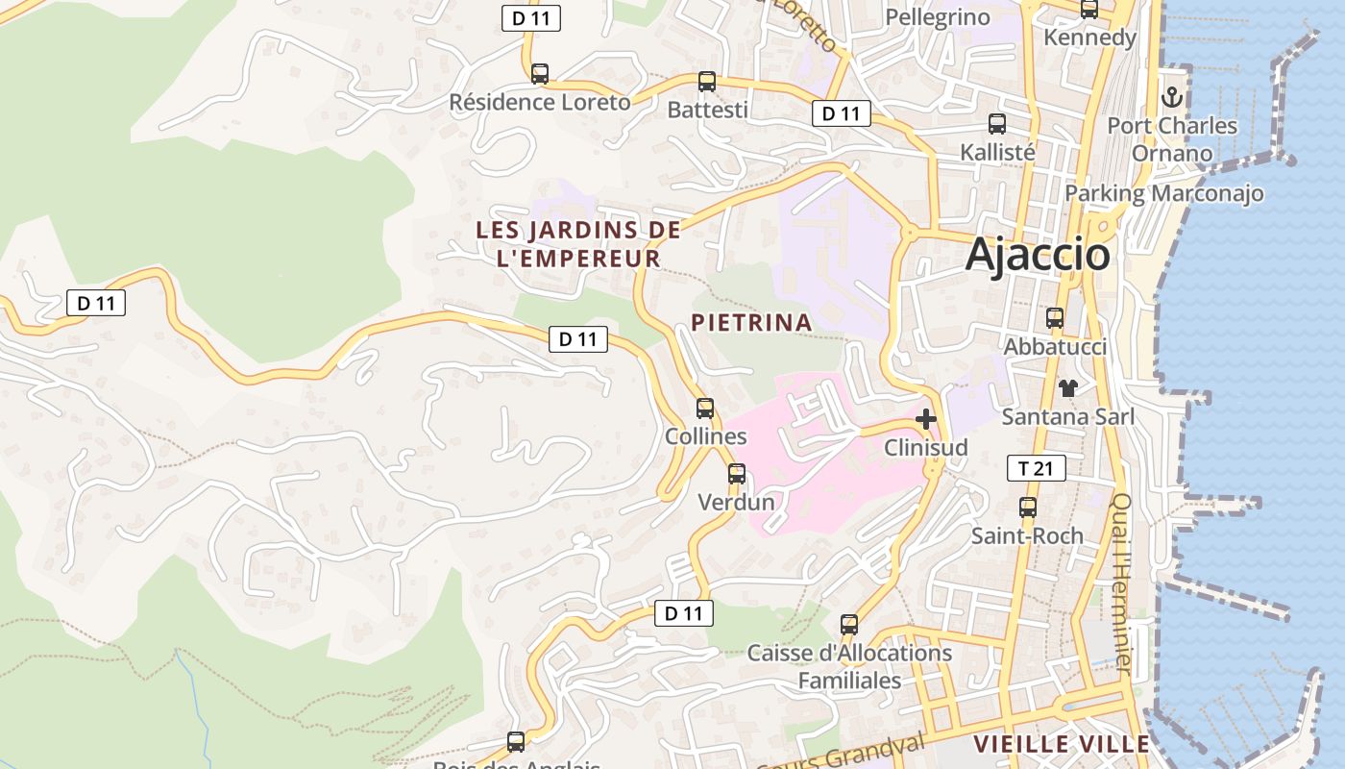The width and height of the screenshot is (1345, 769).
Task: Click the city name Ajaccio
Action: click(1038, 255)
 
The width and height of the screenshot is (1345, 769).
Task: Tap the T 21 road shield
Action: click(1036, 468)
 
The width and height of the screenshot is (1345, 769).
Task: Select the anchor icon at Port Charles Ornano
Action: click(1171, 97)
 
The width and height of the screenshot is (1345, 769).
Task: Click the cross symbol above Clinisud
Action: click(926, 419)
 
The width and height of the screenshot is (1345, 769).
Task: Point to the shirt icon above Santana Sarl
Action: click(1067, 388)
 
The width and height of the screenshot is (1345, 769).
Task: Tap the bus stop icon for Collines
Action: click(705, 409)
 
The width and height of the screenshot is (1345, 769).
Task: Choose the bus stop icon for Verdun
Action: click(737, 474)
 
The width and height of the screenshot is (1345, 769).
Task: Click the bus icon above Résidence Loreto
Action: click(540, 74)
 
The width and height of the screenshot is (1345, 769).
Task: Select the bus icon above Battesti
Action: click(707, 82)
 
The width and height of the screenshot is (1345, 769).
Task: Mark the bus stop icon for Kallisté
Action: click(997, 124)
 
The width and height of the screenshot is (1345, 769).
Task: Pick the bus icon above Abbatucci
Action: click(1055, 318)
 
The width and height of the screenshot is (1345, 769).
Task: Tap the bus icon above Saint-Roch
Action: click(1028, 508)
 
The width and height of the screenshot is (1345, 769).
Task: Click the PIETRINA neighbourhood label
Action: click(751, 323)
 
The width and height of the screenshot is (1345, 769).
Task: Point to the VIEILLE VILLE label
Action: click(1062, 744)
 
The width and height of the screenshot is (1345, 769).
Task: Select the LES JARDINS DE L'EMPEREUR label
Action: click(578, 244)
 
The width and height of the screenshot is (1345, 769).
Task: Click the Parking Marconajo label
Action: click(1163, 193)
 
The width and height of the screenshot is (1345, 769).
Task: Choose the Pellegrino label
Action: click(938, 17)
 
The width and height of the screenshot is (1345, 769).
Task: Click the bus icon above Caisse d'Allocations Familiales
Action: click(849, 625)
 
